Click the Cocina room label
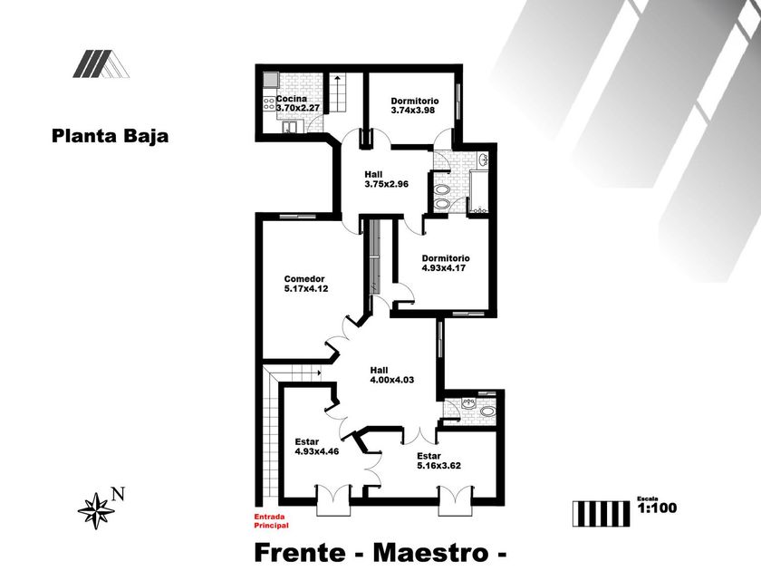(x=291, y=99)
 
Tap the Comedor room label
(x=304, y=278)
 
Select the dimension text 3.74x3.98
(x=414, y=111)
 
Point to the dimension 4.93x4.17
(x=446, y=267)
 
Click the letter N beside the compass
(x=117, y=494)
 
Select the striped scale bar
(x=601, y=512)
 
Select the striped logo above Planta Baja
(x=100, y=63)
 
